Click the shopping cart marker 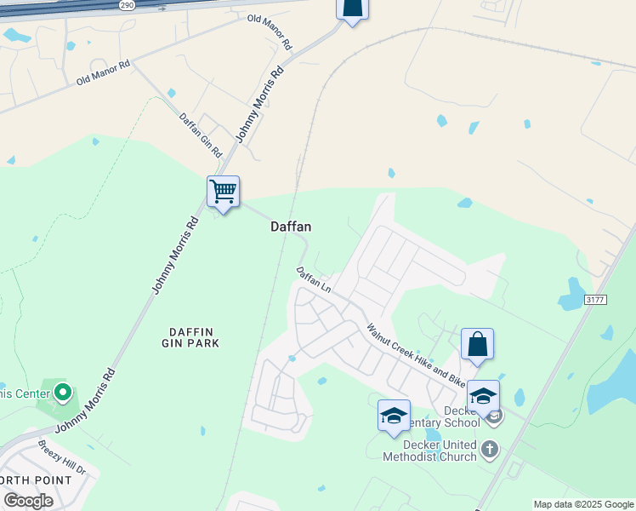coord(223,192)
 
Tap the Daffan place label coord(291,227)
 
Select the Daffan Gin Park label coord(190,336)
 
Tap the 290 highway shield coord(128,4)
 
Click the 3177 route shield coord(596,299)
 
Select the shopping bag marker coord(477,345)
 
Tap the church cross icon coord(489,449)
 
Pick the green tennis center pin coord(62,393)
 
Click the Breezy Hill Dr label coord(61,457)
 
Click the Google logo coord(28,501)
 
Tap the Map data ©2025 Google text coord(583,504)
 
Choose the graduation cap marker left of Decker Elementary coord(394,416)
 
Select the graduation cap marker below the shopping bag coord(483,396)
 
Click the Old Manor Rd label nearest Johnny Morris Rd coord(270,31)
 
